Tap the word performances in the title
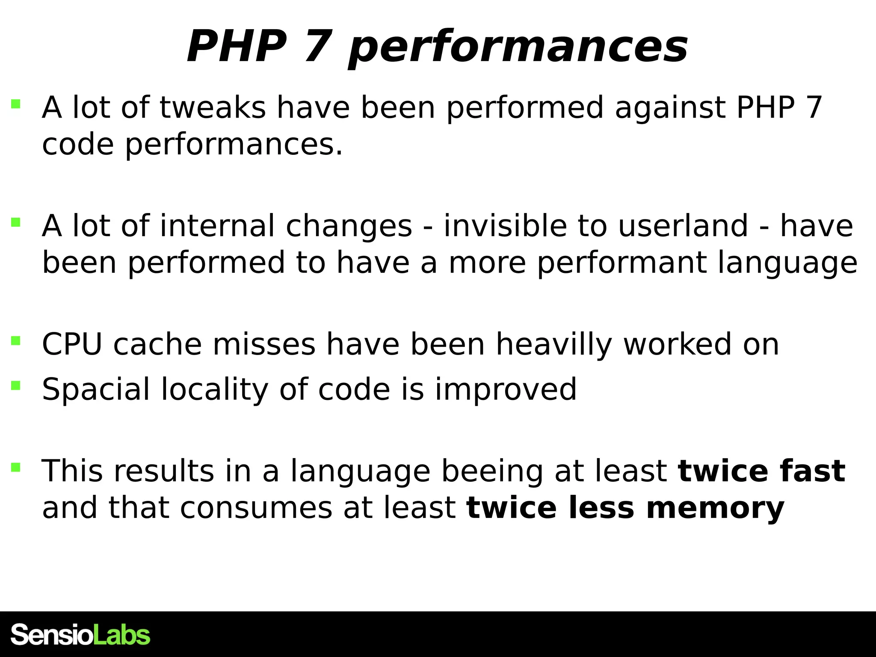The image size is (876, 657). coord(518,48)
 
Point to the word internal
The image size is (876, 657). coord(217,226)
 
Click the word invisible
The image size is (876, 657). coord(505,226)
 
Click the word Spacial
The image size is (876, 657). coord(96,390)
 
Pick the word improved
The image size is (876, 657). coord(506,390)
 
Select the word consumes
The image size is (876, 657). coord(256,508)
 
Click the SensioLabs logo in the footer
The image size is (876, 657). coord(80,635)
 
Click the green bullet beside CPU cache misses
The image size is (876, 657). coord(16,341)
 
